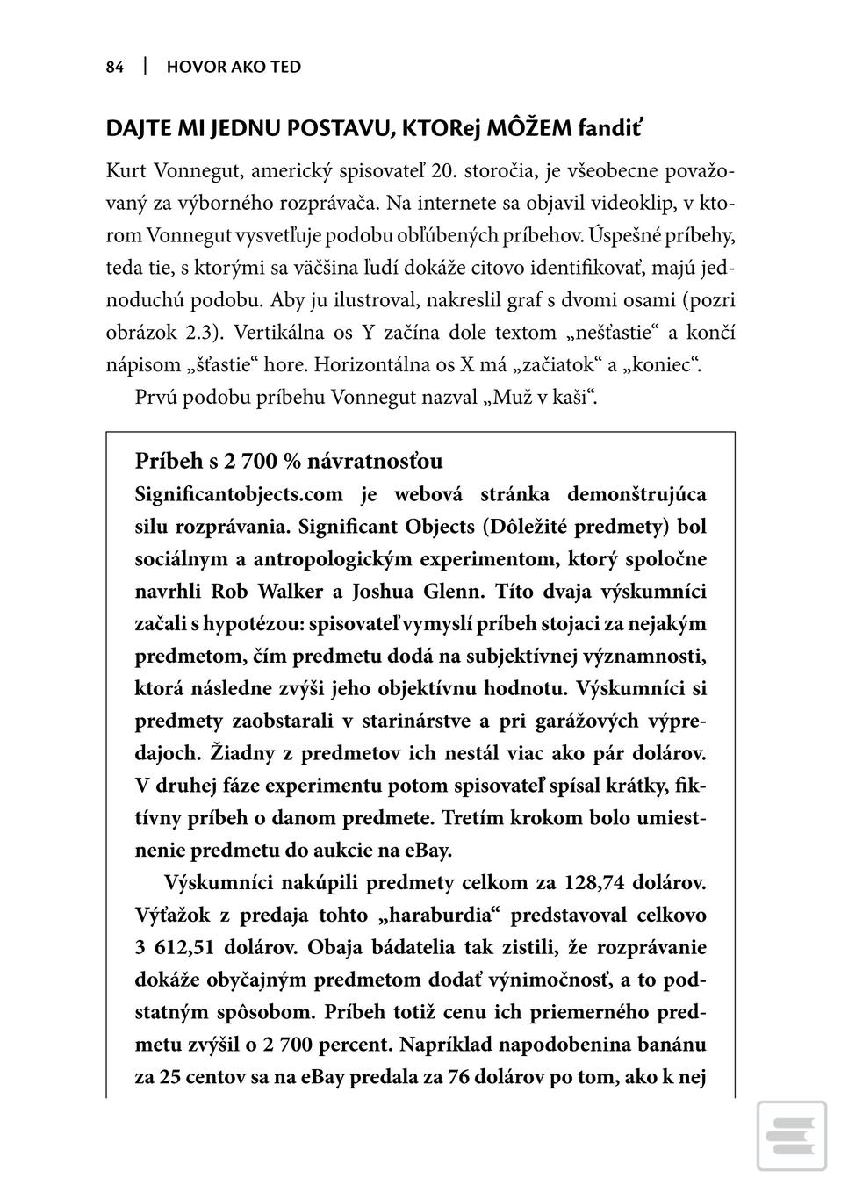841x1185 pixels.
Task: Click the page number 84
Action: [115, 68]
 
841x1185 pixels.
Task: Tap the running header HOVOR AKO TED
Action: [234, 68]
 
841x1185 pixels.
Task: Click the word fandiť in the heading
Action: [609, 129]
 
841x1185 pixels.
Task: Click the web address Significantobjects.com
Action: [239, 494]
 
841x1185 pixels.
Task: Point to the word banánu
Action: [672, 1045]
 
